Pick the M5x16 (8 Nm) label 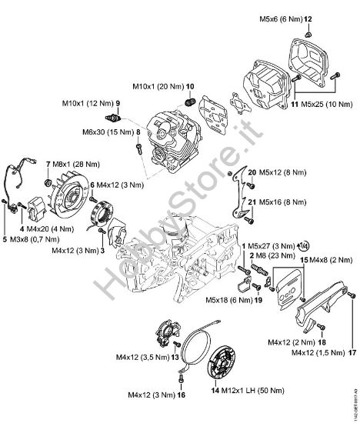pos(274,204)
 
